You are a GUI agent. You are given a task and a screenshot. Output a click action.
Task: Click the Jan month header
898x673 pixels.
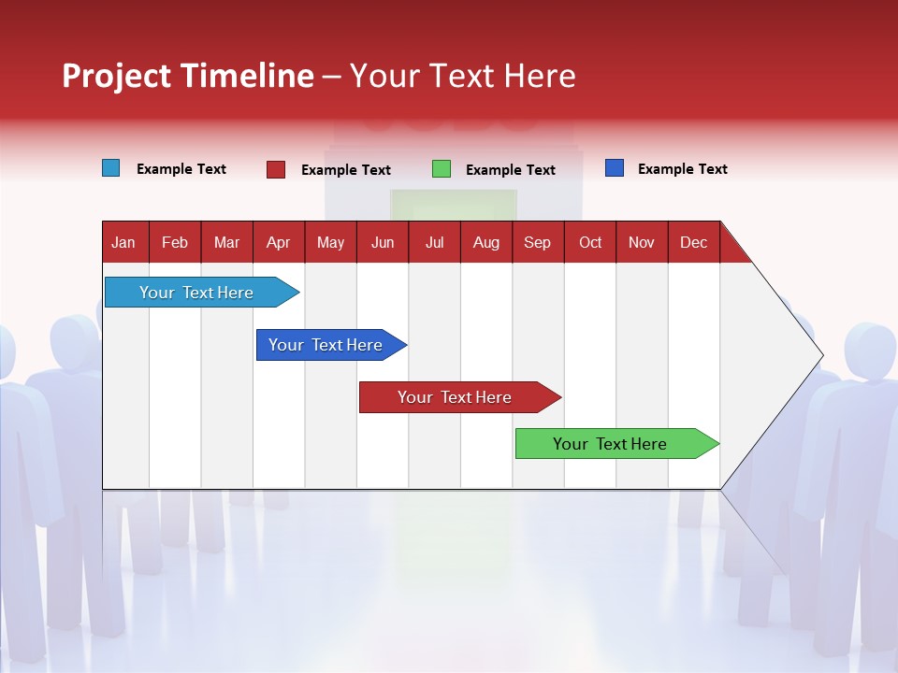point(124,242)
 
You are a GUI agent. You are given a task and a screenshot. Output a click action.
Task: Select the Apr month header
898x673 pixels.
point(279,242)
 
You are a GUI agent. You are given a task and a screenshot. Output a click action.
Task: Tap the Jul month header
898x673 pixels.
point(434,242)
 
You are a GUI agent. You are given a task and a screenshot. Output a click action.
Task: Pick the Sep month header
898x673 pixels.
point(538,242)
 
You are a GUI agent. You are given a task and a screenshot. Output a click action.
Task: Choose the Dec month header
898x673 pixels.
point(693,242)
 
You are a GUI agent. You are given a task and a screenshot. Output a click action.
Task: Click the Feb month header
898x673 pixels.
point(175,242)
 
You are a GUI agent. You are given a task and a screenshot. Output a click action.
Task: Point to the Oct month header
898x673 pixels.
point(590,242)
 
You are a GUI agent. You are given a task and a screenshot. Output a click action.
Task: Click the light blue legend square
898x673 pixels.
point(110,168)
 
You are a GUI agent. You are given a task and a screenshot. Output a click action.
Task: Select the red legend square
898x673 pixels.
point(275,169)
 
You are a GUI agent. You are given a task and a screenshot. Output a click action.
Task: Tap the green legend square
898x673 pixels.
point(441,169)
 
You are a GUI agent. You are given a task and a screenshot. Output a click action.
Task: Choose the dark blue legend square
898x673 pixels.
point(614,168)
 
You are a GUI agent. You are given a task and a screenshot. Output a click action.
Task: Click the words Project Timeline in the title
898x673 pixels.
point(188,76)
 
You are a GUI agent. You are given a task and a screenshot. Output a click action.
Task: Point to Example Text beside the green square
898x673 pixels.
point(510,170)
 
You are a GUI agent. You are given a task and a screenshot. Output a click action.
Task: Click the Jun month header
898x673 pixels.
point(383,242)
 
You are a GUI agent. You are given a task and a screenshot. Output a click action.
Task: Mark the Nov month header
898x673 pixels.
point(642,242)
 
